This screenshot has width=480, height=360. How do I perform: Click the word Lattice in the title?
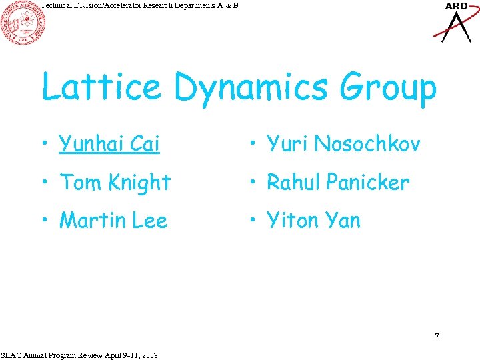[100, 87]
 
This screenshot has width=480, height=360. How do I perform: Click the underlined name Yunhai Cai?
[109, 143]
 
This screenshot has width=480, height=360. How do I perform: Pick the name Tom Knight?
[115, 182]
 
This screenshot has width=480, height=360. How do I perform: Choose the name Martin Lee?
[113, 221]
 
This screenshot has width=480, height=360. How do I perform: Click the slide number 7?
[437, 336]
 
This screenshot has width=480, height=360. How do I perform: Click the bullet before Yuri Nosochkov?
[254, 144]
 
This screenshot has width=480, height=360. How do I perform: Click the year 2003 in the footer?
[149, 355]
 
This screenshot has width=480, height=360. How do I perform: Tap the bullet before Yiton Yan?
[254, 221]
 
